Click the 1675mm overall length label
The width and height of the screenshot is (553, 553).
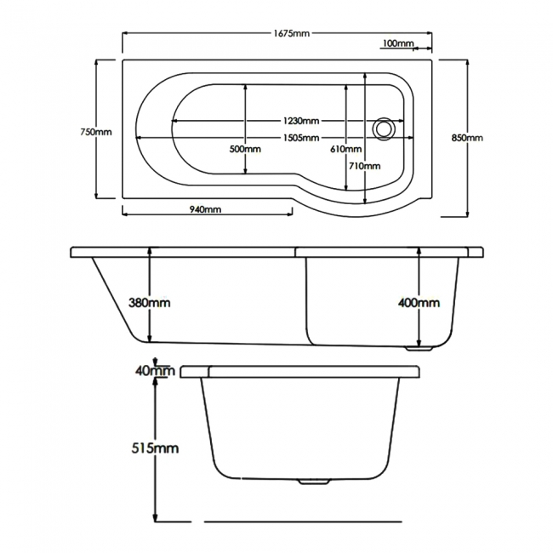tap(292, 33)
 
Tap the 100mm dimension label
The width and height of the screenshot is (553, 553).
tap(398, 43)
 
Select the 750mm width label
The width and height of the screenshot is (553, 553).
tap(96, 132)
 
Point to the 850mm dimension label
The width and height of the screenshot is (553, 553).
tap(467, 138)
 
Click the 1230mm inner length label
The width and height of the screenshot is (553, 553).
tap(301, 121)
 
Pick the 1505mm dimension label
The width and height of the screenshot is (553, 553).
tap(301, 138)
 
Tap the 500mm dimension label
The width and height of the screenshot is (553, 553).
tap(245, 149)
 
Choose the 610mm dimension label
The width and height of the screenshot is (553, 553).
tap(346, 149)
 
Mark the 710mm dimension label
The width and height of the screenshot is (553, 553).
tap(365, 166)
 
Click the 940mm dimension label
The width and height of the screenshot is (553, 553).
tap(205, 209)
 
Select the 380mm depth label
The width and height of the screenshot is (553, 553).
tap(149, 303)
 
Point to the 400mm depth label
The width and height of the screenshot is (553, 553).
tap(419, 303)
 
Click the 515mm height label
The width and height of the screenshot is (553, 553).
tap(155, 448)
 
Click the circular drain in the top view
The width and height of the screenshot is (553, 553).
tap(384, 128)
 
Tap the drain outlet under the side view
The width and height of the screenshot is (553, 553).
tap(419, 349)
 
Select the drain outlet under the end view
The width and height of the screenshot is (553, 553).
tap(314, 482)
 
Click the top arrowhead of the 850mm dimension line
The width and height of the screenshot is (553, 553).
tap(467, 62)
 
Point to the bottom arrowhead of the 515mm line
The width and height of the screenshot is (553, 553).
tap(155, 518)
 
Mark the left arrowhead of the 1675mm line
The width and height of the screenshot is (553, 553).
tap(125, 33)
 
